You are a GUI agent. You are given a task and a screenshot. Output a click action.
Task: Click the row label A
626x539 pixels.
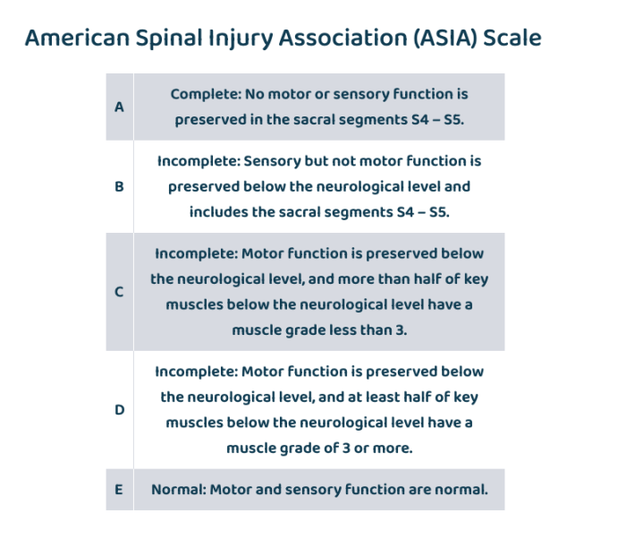point(119,107)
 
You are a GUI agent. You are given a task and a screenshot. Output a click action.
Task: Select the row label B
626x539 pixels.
point(119,187)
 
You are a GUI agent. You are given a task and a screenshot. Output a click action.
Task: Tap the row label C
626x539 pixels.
point(119,292)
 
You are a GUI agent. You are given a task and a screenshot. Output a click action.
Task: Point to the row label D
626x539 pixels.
point(119,409)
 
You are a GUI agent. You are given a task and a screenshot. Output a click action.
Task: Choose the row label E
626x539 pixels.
point(119,490)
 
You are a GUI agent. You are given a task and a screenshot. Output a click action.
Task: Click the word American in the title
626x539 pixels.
point(76,39)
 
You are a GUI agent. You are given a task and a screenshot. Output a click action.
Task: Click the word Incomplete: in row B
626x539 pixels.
point(198,161)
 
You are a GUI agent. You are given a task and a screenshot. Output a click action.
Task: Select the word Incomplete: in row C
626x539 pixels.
point(195,253)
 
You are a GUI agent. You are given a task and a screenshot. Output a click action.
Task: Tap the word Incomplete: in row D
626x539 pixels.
point(195,371)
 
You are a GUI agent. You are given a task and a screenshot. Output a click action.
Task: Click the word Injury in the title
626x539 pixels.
point(235,39)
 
